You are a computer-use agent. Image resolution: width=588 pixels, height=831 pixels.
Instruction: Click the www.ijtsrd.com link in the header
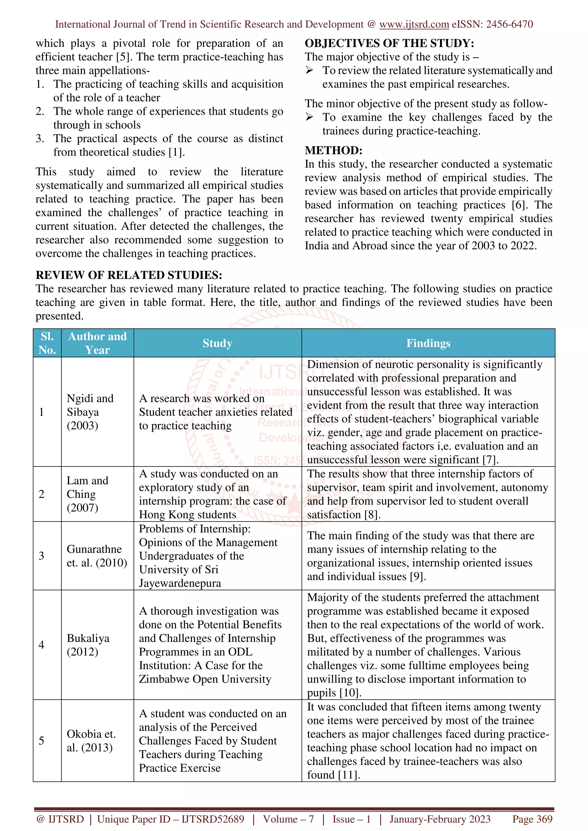(414, 24)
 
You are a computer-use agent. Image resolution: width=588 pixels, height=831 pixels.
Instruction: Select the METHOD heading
(333, 150)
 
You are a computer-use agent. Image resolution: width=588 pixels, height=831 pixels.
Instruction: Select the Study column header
(217, 343)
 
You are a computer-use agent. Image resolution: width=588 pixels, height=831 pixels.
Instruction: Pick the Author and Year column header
(97, 343)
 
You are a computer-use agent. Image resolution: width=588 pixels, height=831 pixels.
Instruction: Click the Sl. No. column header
(47, 343)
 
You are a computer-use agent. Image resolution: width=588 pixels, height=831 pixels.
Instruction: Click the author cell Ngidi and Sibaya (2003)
(90, 412)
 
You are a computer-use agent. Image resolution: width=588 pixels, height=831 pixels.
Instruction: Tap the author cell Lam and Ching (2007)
(87, 494)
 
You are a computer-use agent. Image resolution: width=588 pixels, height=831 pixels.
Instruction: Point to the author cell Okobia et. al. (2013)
(91, 740)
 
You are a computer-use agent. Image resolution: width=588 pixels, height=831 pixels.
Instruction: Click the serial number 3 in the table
(41, 555)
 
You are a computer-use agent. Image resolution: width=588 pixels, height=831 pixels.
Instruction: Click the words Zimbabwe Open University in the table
(205, 679)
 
